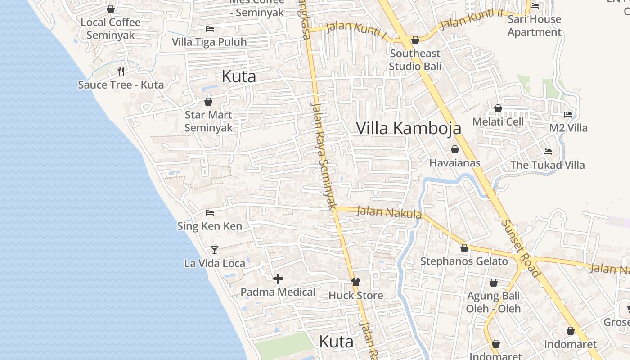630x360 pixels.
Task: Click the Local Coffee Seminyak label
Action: coord(111,28)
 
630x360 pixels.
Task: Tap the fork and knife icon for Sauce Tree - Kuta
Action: coord(121,71)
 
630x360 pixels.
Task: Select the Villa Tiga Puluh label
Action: coord(209,42)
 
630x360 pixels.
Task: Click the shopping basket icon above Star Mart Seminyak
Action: coord(208,102)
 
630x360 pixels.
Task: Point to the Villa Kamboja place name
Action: coord(409,128)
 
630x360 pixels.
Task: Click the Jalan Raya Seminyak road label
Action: coord(324,156)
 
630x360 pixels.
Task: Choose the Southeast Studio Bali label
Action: coord(415,59)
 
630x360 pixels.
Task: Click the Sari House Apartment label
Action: coord(534,26)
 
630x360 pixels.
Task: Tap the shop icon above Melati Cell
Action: coord(498,108)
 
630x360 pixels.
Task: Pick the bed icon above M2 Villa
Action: coord(568,115)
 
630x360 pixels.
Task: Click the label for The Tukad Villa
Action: coord(547,165)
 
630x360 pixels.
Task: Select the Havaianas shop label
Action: coord(454,163)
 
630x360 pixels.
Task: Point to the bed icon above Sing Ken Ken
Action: coord(209,213)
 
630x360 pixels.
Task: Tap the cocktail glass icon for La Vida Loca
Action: coord(215,250)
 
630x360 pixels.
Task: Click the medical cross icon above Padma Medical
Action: coord(278,279)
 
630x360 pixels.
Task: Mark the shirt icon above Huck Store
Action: coord(356,282)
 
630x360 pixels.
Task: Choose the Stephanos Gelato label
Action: coord(464,261)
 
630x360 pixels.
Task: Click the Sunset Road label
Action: coord(520,248)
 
